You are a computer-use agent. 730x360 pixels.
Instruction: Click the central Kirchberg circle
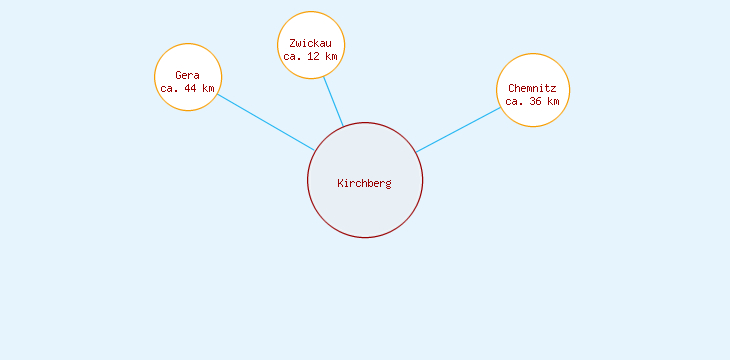pyautogui.click(x=365, y=210)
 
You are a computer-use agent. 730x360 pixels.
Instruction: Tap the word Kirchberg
pyautogui.click(x=365, y=183)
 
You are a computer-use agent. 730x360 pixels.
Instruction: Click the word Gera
pyautogui.click(x=187, y=75)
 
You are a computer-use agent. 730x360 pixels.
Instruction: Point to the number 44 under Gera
pyautogui.click(x=191, y=88)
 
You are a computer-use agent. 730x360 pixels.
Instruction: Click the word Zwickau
pyautogui.click(x=310, y=43)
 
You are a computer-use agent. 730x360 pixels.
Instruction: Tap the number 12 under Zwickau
pyautogui.click(x=314, y=56)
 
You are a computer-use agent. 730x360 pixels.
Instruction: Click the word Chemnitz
pyautogui.click(x=532, y=88)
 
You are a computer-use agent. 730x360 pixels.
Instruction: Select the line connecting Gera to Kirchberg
pyautogui.click(x=266, y=122)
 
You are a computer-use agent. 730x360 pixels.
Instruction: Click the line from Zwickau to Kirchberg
pyautogui.click(x=333, y=101)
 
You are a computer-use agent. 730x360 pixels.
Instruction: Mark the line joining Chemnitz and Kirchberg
pyautogui.click(x=458, y=130)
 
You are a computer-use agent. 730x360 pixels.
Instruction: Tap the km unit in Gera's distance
pyautogui.click(x=208, y=88)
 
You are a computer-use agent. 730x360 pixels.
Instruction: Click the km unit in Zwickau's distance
pyautogui.click(x=331, y=56)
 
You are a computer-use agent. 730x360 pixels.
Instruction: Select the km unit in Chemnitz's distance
pyautogui.click(x=553, y=101)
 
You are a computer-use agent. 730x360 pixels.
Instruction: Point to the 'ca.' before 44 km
pyautogui.click(x=169, y=88)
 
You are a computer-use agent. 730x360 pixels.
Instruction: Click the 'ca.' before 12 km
pyautogui.click(x=292, y=56)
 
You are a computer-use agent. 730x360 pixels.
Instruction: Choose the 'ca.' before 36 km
pyautogui.click(x=514, y=101)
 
